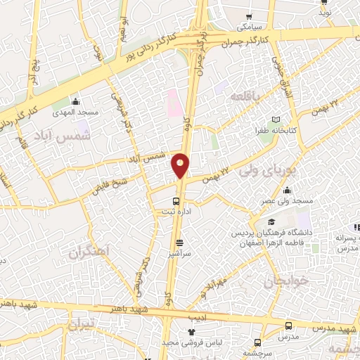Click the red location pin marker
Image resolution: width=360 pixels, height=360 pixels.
pyautogui.click(x=180, y=165)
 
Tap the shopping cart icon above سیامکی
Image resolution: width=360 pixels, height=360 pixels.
pyautogui.click(x=249, y=17)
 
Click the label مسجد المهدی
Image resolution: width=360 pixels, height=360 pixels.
pyautogui.click(x=75, y=113)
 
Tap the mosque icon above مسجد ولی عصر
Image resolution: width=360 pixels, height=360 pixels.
pyautogui.click(x=287, y=190)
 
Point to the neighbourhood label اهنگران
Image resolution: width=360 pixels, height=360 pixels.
pyautogui.click(x=91, y=252)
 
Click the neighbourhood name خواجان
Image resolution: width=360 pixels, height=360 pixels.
pyautogui.click(x=284, y=283)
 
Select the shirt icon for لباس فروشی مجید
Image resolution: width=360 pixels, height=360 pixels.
pyautogui.click(x=190, y=331)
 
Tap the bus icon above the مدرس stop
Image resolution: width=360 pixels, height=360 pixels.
pyautogui.click(x=288, y=326)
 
